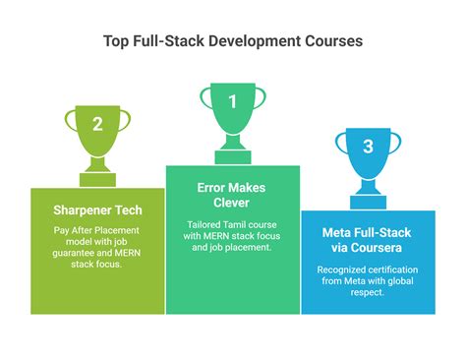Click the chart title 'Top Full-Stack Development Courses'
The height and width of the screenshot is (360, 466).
[233, 42]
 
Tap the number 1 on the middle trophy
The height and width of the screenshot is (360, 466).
[233, 101]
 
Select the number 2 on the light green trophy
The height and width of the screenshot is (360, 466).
[97, 124]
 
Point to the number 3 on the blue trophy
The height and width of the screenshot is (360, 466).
[368, 148]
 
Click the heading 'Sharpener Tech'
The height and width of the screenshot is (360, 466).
[97, 210]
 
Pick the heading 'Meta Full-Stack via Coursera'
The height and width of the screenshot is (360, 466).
[367, 241]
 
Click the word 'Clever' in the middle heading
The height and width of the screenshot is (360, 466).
[233, 205]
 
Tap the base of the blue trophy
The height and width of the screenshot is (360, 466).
[368, 192]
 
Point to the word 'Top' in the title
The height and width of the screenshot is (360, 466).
[116, 42]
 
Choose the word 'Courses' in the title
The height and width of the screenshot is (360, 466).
[332, 42]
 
